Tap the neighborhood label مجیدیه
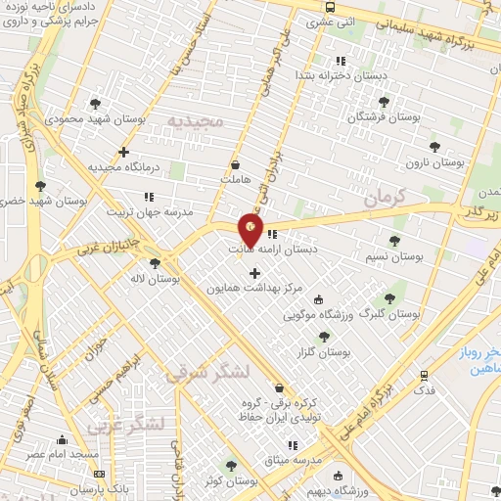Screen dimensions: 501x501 click(x=195, y=120)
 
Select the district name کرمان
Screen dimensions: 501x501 click(x=383, y=199)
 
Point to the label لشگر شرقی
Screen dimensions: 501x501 click(x=207, y=373)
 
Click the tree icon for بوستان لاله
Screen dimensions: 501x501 click(x=155, y=262)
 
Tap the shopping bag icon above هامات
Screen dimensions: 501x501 click(x=235, y=164)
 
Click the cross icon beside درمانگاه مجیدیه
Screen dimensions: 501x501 click(x=123, y=151)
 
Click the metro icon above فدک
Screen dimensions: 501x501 click(x=424, y=374)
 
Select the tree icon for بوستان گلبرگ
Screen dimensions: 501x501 click(x=389, y=298)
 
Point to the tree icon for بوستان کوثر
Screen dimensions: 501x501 click(x=231, y=466)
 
